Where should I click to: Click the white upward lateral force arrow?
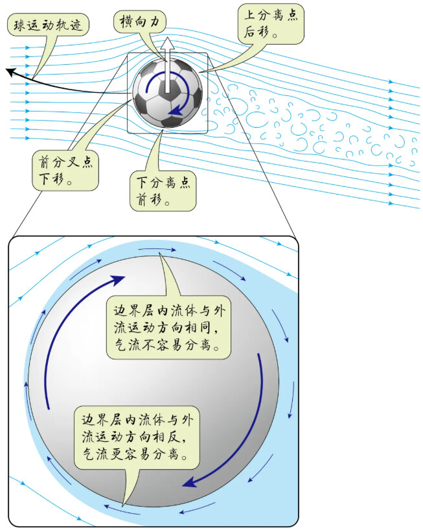[x=166, y=65]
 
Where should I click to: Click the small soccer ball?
[x=167, y=92]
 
